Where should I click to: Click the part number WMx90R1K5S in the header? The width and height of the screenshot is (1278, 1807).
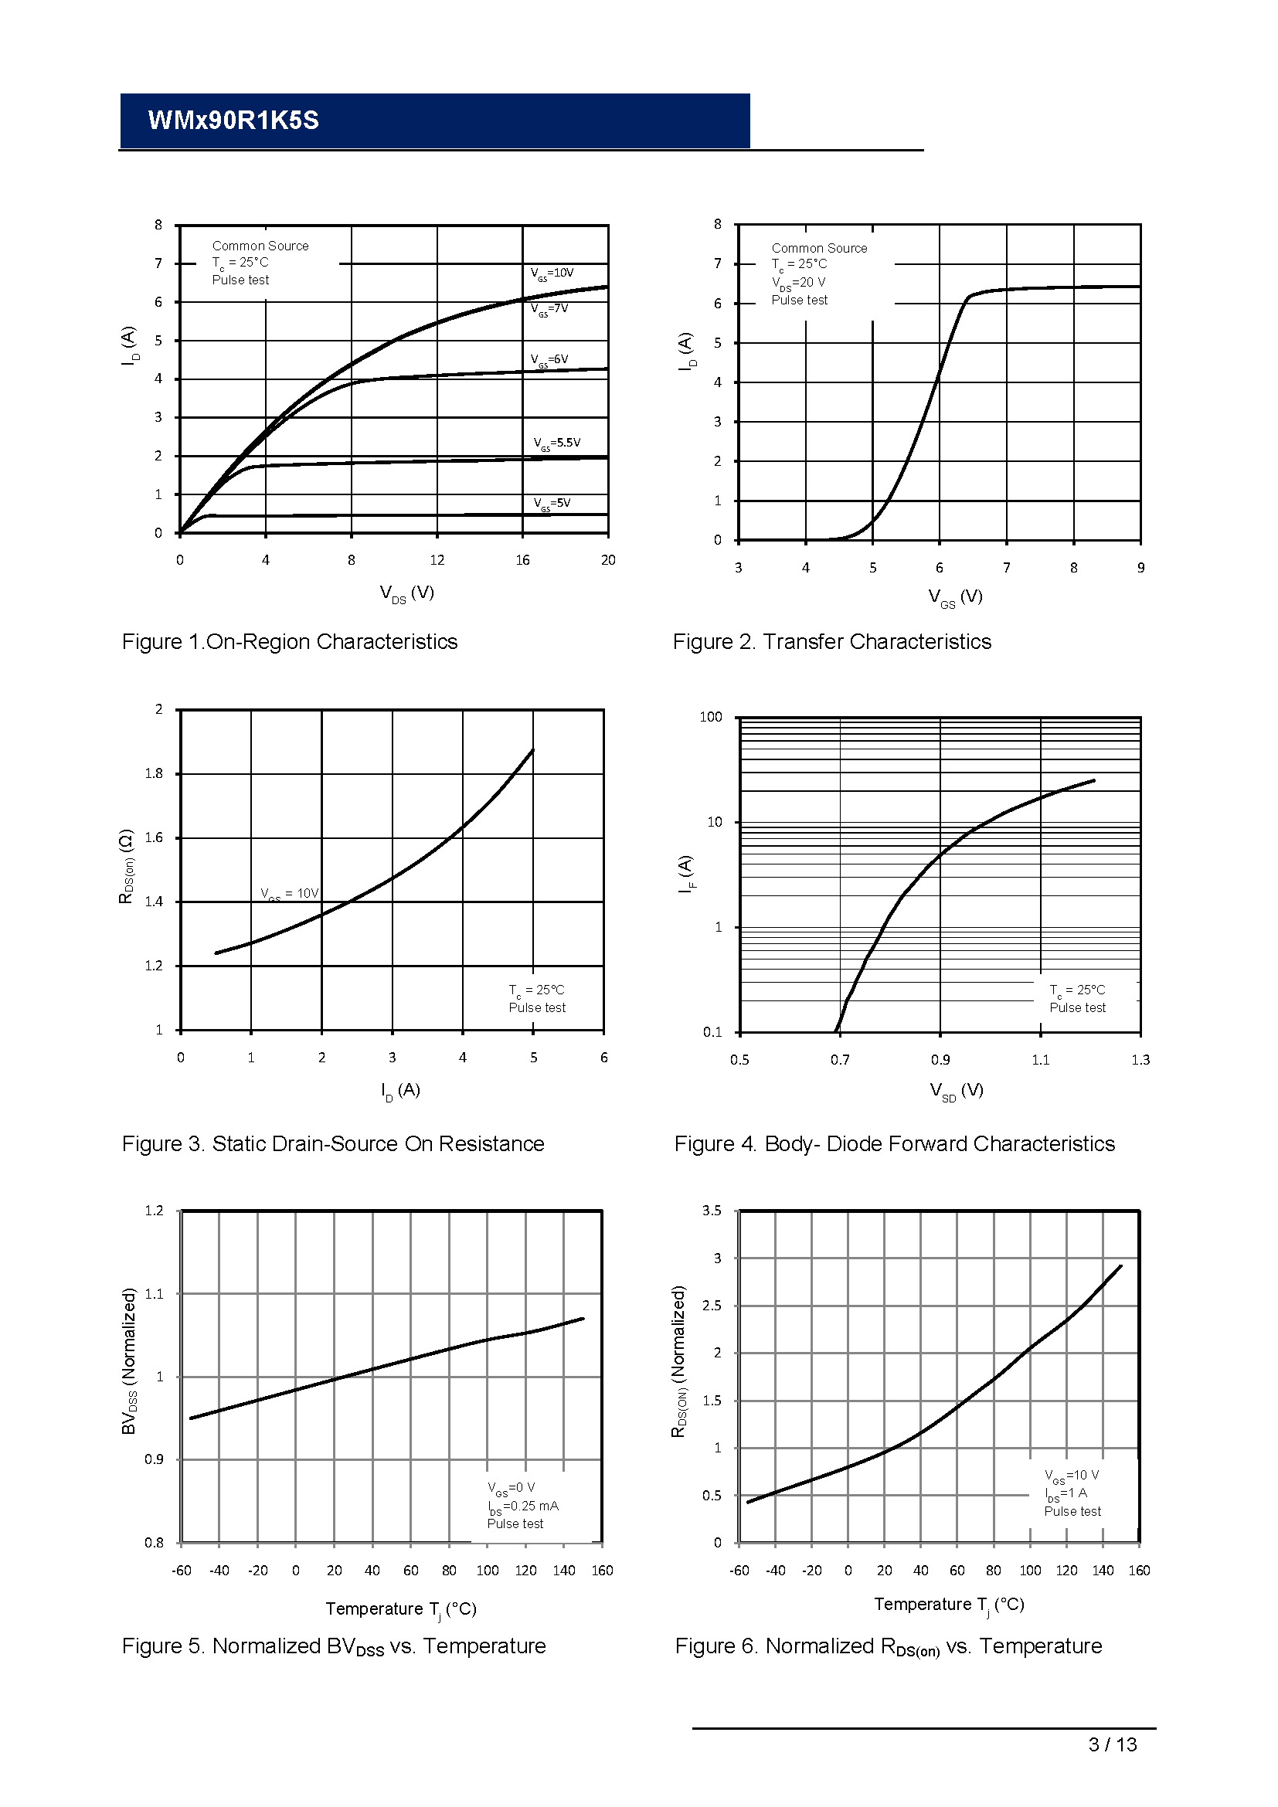point(233,121)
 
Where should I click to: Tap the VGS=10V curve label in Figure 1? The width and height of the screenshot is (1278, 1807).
point(552,273)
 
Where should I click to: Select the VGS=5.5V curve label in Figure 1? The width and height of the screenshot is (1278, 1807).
point(556,443)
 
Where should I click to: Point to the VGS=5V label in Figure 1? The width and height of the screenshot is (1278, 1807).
point(552,504)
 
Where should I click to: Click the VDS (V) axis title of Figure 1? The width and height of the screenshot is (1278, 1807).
point(406,593)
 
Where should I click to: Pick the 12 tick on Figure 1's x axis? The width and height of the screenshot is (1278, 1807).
point(437,560)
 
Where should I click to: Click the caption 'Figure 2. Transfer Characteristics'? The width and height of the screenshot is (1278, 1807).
point(832,642)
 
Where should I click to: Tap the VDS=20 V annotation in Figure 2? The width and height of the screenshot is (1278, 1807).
point(798,283)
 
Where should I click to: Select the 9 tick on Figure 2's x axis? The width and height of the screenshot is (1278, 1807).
point(1140,569)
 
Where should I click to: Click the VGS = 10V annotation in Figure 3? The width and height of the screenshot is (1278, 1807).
point(290,894)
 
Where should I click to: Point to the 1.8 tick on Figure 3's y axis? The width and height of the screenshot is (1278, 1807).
point(154,773)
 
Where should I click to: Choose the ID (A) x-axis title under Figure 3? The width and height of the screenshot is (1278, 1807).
point(400,1091)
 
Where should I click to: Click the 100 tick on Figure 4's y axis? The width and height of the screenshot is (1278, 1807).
point(710,717)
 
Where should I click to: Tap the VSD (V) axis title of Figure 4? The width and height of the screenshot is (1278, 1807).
point(956,1091)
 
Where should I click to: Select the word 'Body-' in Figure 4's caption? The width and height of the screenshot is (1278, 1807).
point(792,1144)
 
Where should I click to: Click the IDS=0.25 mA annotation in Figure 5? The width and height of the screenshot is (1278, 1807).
point(522,1506)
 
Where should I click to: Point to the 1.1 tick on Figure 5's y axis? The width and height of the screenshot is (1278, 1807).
point(154,1294)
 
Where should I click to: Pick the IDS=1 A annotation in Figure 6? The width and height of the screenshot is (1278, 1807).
point(1066,1494)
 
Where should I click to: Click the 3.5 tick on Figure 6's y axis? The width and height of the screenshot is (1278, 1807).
point(712,1211)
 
